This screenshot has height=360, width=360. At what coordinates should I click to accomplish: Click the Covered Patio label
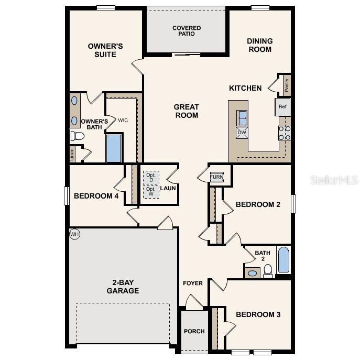[x=187, y=31]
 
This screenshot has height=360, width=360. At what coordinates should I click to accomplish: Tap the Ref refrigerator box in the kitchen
[x=283, y=107]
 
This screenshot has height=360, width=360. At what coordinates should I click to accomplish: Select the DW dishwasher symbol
[x=242, y=133]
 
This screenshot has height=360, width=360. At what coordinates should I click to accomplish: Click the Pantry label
[x=287, y=84]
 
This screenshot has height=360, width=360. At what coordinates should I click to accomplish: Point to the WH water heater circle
[x=74, y=234]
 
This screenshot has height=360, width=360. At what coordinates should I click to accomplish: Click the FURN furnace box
[x=216, y=177]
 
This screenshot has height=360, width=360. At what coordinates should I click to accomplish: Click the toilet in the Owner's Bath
[x=78, y=136]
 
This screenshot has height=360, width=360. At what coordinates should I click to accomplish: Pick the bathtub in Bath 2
[x=283, y=260]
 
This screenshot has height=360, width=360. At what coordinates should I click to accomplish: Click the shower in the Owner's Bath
[x=114, y=148]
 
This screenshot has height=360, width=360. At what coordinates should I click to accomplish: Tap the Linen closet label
[x=72, y=154]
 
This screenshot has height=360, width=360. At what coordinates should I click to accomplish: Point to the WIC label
[x=123, y=121]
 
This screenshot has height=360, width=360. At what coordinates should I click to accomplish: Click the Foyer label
[x=193, y=283]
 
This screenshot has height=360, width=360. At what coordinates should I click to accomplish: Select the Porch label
[x=194, y=331]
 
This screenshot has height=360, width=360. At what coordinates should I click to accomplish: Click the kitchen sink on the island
[x=242, y=117]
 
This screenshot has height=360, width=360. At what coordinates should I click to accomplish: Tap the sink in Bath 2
[x=253, y=273]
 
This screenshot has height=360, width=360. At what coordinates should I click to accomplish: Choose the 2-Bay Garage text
[x=123, y=287]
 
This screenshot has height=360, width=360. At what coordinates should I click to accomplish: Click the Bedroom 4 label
[x=96, y=196]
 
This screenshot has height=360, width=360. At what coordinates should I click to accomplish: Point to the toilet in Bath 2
[x=268, y=270]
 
